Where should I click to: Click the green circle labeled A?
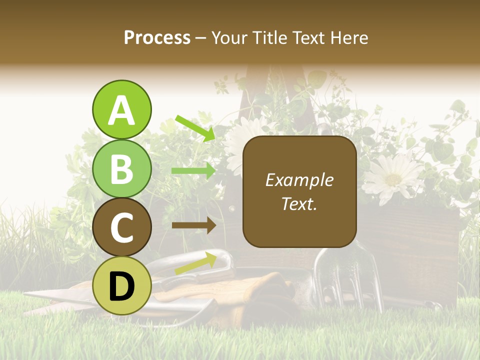tap(121, 109)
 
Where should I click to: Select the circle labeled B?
tap(121, 168)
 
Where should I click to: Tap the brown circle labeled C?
tap(121, 227)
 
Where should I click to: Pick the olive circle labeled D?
tap(121, 286)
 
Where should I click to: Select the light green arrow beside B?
tap(193, 171)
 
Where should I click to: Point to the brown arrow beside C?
tap(193, 225)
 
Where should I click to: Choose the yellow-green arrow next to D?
tap(195, 264)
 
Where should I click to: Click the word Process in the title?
tap(157, 38)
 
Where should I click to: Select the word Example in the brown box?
tap(299, 180)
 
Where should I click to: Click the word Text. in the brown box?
tap(299, 203)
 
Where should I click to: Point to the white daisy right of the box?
tap(393, 178)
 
